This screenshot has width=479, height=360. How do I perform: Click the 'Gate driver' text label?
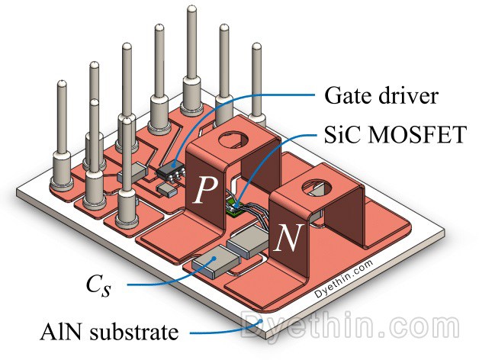coord(371,98)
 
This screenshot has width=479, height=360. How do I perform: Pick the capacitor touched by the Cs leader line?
coord(209,264)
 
